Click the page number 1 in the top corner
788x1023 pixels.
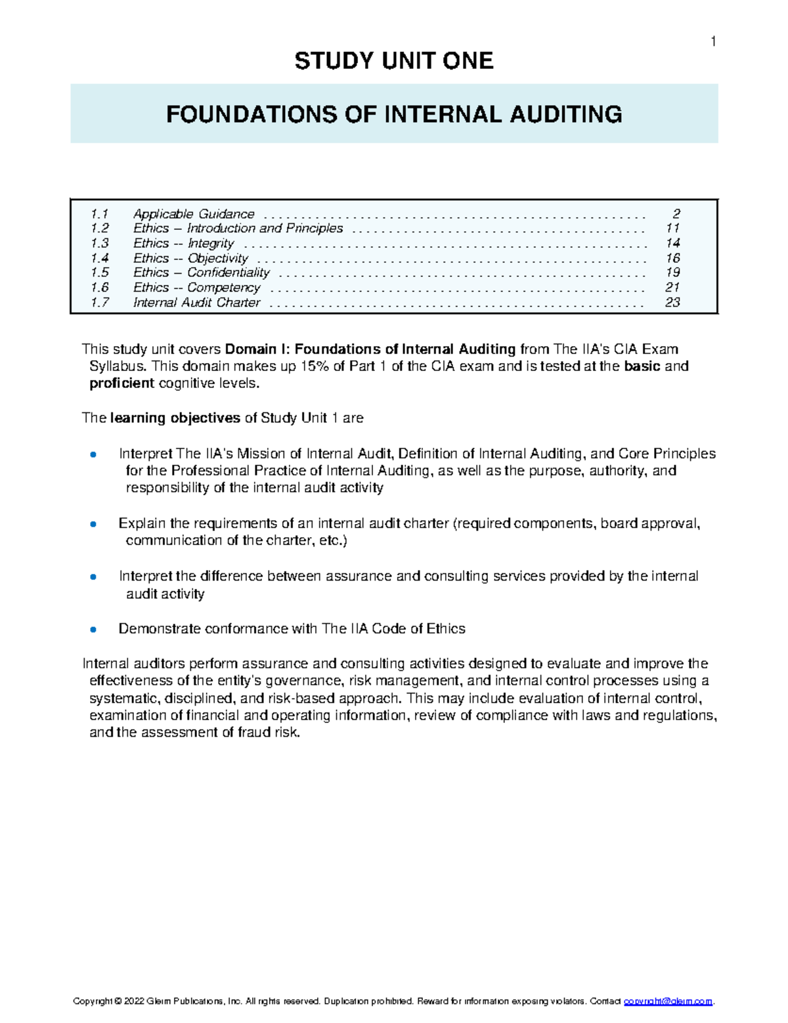(x=713, y=42)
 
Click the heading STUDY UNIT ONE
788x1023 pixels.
(x=393, y=61)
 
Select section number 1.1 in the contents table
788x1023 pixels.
(x=100, y=214)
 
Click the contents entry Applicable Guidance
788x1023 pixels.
(x=194, y=214)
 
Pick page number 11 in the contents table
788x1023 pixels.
(x=672, y=229)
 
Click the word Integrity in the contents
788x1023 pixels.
(x=210, y=244)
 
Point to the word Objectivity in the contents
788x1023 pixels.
(x=217, y=258)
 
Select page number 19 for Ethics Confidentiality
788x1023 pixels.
(x=672, y=272)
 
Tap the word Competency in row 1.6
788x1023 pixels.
(x=223, y=288)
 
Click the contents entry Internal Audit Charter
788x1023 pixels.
(x=196, y=303)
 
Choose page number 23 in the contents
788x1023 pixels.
(x=672, y=303)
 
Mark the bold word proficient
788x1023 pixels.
(x=121, y=383)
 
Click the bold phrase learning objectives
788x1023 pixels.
(x=175, y=418)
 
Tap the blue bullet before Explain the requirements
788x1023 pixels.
(x=93, y=524)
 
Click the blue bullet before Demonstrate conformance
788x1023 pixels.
(x=93, y=629)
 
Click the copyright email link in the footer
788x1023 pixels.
(x=668, y=1001)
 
